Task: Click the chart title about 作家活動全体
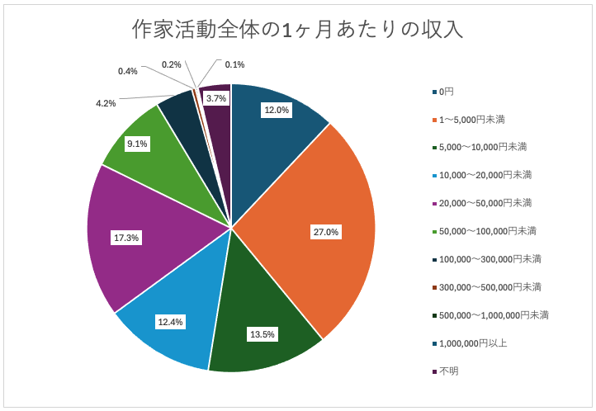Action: [297, 30]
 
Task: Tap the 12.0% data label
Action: [276, 110]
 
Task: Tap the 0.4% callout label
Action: [127, 72]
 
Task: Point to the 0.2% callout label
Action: [171, 64]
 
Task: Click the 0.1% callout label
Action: [234, 64]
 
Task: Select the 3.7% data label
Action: [216, 98]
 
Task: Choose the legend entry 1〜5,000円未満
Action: [472, 120]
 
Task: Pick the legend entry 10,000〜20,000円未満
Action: [485, 175]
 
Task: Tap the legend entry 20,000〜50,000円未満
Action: [485, 203]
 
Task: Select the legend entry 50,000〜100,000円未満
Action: [488, 231]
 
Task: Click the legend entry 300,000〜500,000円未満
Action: [490, 287]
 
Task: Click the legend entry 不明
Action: [448, 371]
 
